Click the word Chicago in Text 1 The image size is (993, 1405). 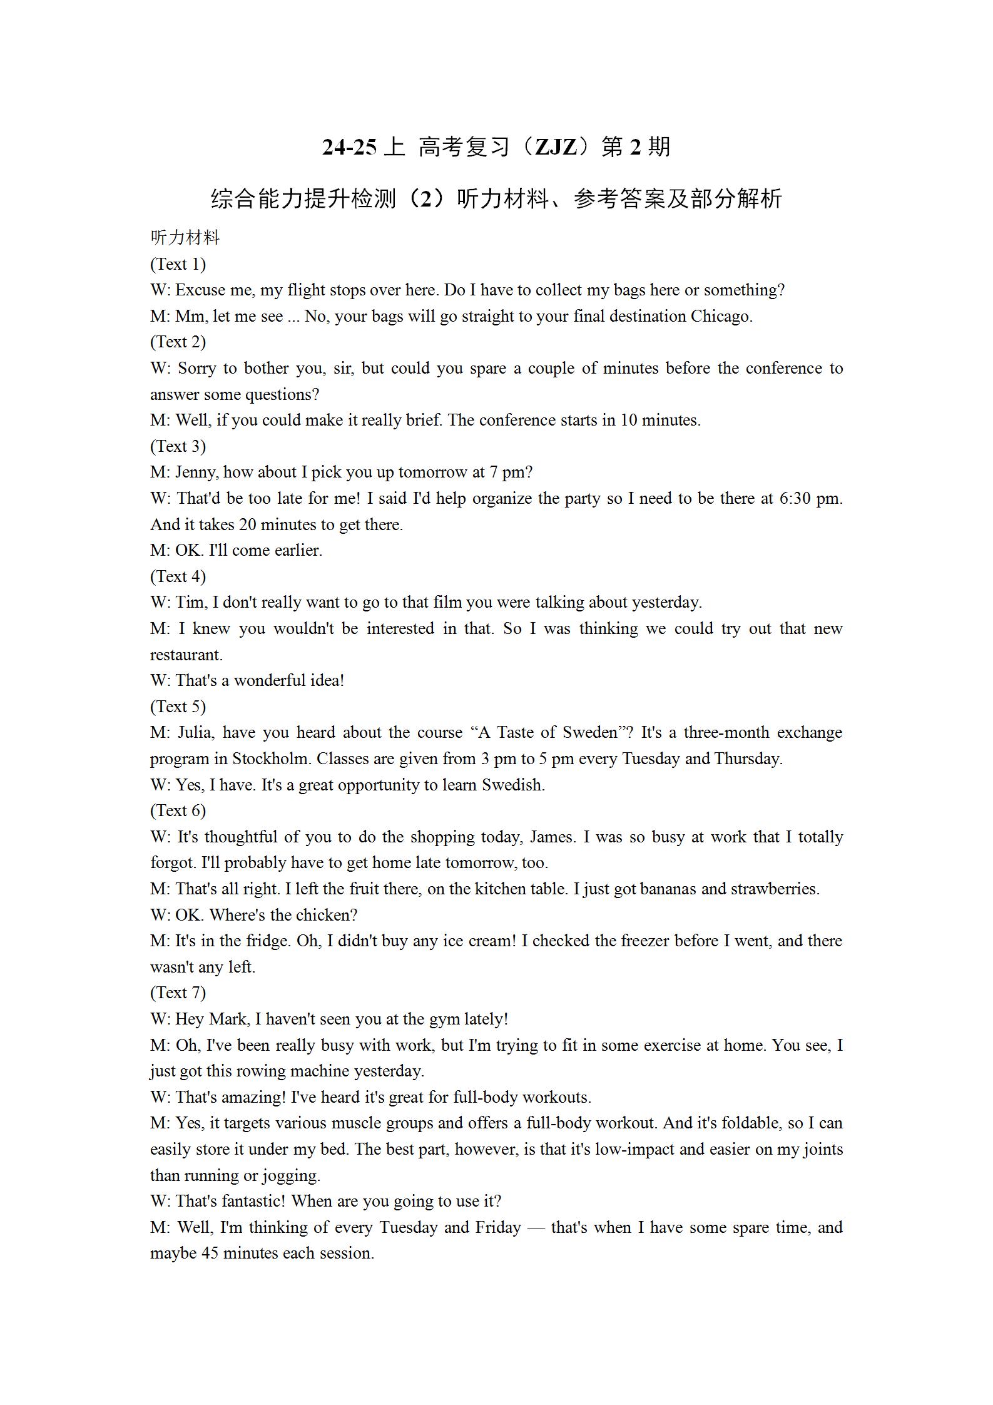click(x=720, y=316)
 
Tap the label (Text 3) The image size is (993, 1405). click(x=178, y=446)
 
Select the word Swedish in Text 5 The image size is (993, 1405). click(x=512, y=785)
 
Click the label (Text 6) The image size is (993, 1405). click(x=178, y=810)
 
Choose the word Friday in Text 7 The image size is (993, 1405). click(x=497, y=1227)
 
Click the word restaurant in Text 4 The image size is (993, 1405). click(x=186, y=655)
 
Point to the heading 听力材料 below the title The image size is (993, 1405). click(x=185, y=238)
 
